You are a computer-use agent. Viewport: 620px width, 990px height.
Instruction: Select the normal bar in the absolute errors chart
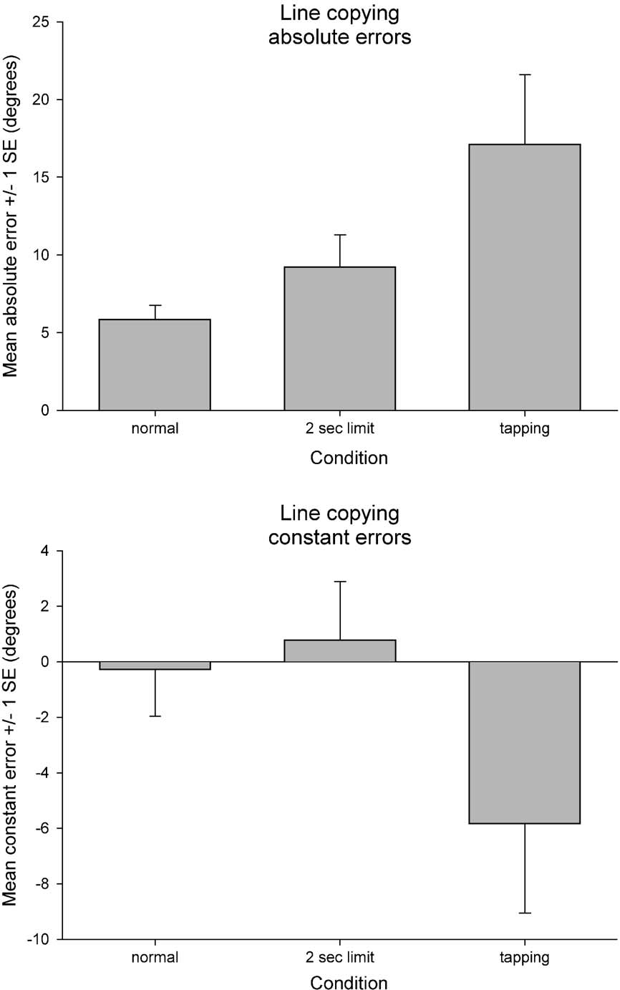(x=154, y=365)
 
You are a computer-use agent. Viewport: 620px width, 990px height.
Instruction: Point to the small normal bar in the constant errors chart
(x=154, y=665)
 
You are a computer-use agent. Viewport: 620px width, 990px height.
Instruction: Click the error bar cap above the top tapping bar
(x=524, y=75)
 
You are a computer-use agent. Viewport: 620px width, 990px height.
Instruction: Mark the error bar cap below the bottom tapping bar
(x=524, y=913)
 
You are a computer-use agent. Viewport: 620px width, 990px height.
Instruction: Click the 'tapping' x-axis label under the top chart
(x=524, y=430)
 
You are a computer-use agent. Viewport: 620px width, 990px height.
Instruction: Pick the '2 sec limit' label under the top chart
(x=339, y=430)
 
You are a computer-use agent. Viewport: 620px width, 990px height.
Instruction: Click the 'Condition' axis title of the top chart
(x=349, y=458)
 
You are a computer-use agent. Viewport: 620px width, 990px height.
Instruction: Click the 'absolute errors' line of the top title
(x=339, y=38)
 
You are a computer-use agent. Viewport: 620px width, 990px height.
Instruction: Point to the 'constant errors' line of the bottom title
(x=339, y=537)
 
